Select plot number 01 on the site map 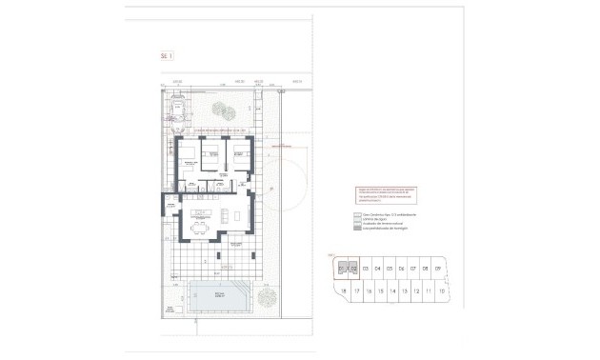pyautogui.click(x=341, y=270)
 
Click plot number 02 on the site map pyautogui.click(x=353, y=270)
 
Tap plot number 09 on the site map pyautogui.click(x=437, y=270)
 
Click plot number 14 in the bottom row pyautogui.click(x=393, y=290)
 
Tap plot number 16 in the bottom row pyautogui.click(x=369, y=290)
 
